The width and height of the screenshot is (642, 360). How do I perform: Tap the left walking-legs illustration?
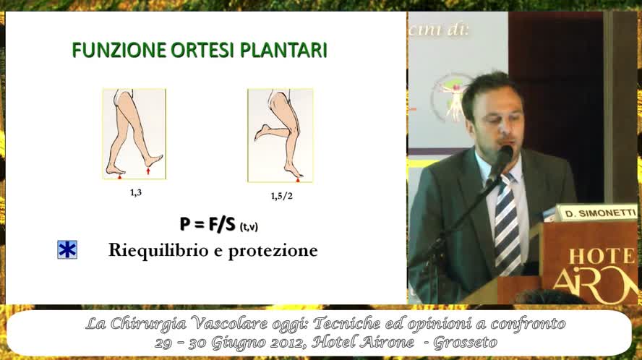(134, 134)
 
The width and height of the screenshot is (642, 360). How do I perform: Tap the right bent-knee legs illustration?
(280, 135)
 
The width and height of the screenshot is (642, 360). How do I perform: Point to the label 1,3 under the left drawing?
(135, 192)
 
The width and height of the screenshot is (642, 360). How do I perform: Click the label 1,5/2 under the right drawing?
(281, 196)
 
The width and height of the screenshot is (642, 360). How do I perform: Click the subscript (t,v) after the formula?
(248, 227)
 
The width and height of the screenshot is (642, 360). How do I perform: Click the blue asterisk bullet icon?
(67, 250)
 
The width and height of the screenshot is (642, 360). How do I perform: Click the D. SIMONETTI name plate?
(596, 213)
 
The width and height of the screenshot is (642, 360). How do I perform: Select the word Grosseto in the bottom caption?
(465, 342)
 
